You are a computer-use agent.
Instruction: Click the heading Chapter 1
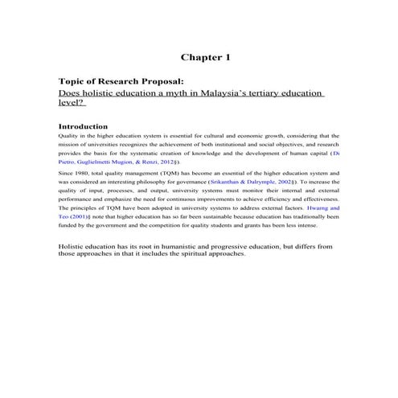pyautogui.click(x=206, y=57)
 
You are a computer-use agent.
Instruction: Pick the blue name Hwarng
pyautogui.click(x=314, y=207)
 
